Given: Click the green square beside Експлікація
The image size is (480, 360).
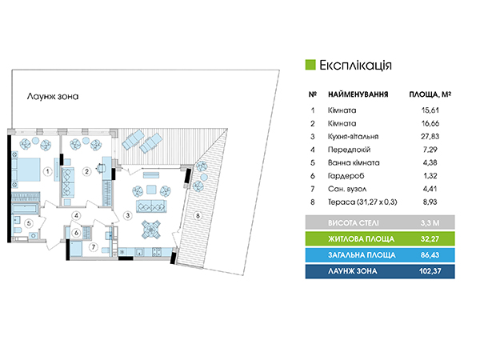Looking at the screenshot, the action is click(x=310, y=65).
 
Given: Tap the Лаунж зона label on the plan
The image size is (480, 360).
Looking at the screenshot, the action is click(x=53, y=97).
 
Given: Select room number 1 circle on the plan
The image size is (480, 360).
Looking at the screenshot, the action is click(x=47, y=171).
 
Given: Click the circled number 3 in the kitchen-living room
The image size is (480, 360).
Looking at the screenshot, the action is click(x=128, y=215).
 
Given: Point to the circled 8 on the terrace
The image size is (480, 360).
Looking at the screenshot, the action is click(x=198, y=216).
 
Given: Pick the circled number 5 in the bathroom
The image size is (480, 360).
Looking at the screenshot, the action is click(x=29, y=223).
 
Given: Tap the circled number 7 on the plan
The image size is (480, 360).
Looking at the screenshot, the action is click(x=94, y=246).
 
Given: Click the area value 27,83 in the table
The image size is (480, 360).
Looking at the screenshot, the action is click(x=430, y=137).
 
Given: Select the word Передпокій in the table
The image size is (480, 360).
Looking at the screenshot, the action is click(x=349, y=150).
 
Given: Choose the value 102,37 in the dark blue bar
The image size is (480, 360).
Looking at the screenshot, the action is click(x=430, y=271).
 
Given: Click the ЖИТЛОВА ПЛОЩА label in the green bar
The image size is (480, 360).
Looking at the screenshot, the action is click(x=362, y=239).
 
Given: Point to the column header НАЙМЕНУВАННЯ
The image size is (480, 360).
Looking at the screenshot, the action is click(x=358, y=94).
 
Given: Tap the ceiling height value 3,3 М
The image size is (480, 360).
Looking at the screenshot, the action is click(x=430, y=223).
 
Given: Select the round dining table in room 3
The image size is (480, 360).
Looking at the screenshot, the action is click(x=151, y=230).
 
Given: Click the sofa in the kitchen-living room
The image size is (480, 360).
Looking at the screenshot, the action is click(x=151, y=206).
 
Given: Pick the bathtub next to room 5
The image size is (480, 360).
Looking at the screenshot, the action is click(x=26, y=209).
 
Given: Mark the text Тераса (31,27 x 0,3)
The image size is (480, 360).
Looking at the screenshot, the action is click(x=362, y=202).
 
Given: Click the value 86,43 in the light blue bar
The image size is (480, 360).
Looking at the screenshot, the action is click(x=430, y=255).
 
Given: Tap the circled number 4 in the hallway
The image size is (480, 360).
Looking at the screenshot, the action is click(x=76, y=215).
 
